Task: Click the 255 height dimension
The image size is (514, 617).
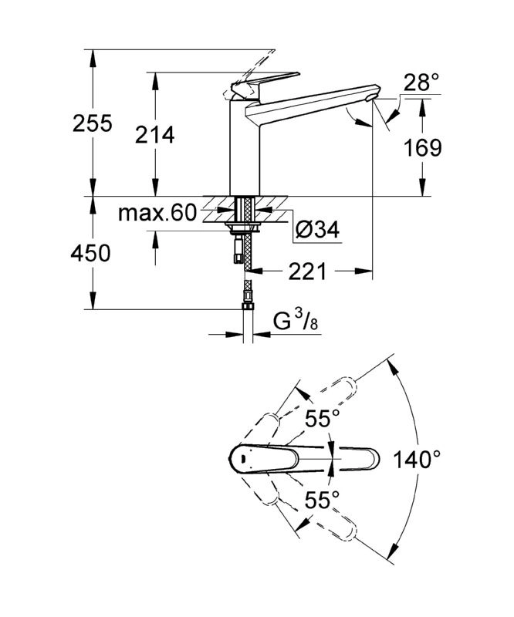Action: [x=93, y=123]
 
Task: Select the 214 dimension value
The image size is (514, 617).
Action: [x=155, y=135]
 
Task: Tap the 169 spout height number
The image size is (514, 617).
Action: [x=423, y=148]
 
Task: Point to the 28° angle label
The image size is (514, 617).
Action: [x=421, y=83]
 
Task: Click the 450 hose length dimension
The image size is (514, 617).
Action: [x=90, y=253]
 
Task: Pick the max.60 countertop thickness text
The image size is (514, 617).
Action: [x=157, y=213]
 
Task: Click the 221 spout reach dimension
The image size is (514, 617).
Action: [x=308, y=271]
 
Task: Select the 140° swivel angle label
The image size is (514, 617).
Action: [x=417, y=459]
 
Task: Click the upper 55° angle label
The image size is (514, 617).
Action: [x=322, y=418]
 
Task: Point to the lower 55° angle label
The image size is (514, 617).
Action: [x=322, y=500]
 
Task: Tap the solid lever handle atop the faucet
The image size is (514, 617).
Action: [x=265, y=84]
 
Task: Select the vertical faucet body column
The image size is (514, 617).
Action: [x=244, y=147]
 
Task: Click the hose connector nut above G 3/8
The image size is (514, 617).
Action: [x=248, y=305]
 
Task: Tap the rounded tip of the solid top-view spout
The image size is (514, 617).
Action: [x=374, y=459]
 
